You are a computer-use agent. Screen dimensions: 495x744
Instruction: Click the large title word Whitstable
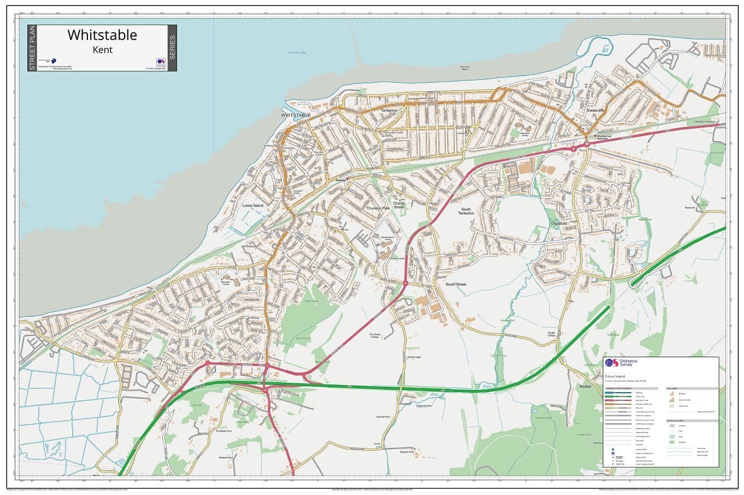(x=102, y=35)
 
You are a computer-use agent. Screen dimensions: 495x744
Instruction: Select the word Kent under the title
(x=102, y=50)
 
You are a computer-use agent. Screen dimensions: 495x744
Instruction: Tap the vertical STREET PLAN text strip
(x=32, y=48)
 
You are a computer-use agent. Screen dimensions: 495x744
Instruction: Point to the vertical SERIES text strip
(x=172, y=48)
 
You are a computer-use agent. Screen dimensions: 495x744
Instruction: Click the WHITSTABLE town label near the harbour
(x=296, y=115)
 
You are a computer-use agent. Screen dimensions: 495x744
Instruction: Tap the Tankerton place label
(x=389, y=110)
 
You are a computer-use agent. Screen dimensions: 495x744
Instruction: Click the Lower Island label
(x=253, y=206)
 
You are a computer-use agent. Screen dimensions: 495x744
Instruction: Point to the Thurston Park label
(x=378, y=208)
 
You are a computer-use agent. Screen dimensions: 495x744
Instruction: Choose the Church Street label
(x=399, y=205)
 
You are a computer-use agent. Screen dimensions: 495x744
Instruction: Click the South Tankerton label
(x=466, y=211)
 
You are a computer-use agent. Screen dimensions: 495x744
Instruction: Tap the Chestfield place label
(x=559, y=223)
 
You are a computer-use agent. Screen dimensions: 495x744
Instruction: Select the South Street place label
(x=456, y=284)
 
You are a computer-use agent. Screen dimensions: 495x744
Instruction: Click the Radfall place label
(x=585, y=387)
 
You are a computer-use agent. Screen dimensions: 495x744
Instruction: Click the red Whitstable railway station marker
(x=347, y=178)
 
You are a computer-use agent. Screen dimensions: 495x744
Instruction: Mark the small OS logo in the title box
(x=161, y=62)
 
